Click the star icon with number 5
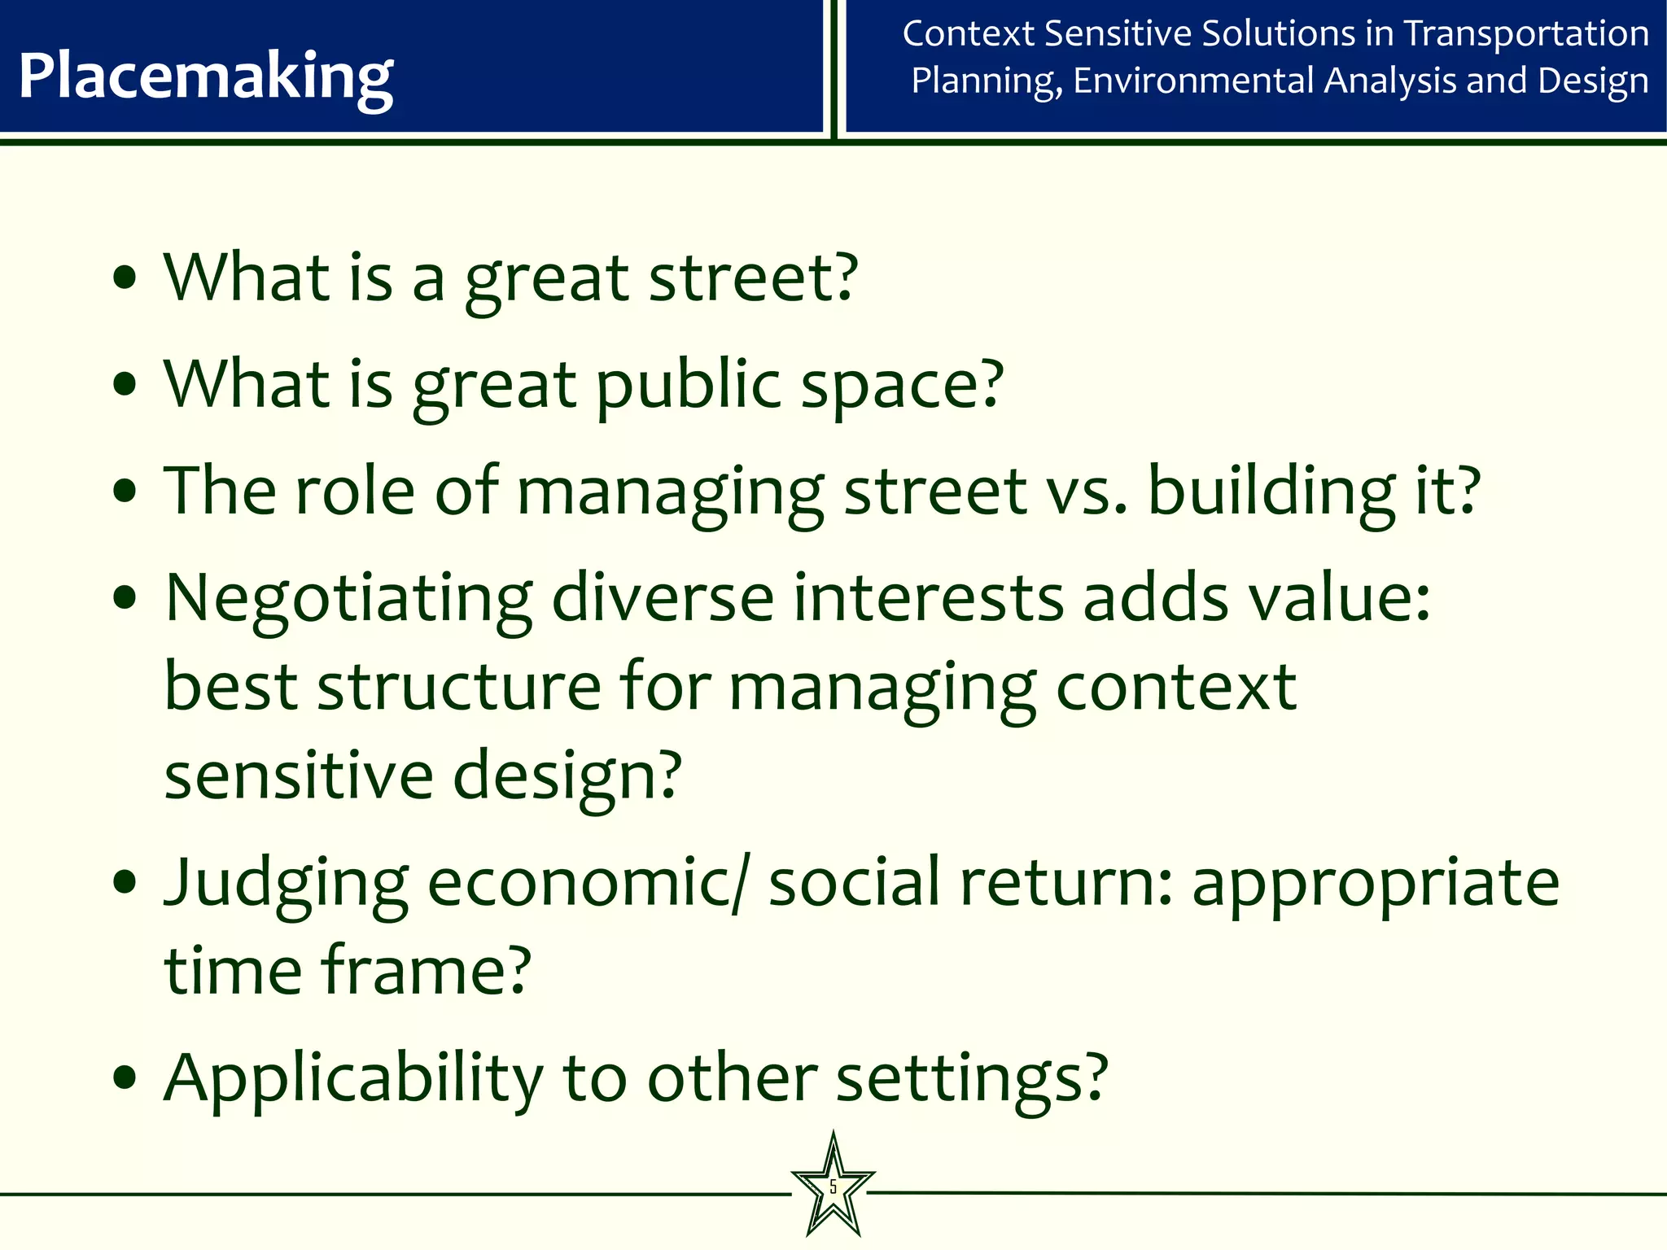click(833, 1187)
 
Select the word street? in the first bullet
click(753, 278)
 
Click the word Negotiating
click(349, 599)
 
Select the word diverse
click(663, 597)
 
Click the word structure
click(459, 687)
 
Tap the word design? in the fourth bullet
click(567, 776)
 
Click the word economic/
click(586, 882)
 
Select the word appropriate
click(1376, 884)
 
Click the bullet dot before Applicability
click(125, 1079)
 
